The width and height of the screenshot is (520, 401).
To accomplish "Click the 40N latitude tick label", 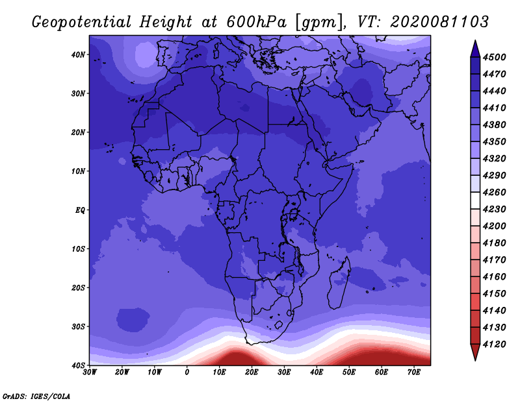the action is click(78, 55).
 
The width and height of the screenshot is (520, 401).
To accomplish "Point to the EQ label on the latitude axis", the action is click(80, 210).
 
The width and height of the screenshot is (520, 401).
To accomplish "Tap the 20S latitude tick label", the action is click(78, 287).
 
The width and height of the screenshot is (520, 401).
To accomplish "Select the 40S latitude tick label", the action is click(78, 365).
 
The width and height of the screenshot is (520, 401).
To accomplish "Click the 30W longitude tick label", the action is click(90, 372).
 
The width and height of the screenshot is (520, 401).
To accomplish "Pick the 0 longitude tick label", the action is click(187, 372).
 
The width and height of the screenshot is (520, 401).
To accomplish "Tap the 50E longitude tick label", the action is click(349, 372).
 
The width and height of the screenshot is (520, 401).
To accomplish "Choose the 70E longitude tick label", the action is click(414, 372).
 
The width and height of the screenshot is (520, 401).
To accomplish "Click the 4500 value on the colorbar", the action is click(494, 57).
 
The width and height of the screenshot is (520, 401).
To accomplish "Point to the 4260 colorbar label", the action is click(494, 192).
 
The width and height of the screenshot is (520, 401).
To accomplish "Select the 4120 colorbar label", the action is click(494, 345).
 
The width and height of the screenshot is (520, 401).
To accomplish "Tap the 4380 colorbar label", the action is click(494, 125).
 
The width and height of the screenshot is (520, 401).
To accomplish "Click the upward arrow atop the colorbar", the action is click(475, 50).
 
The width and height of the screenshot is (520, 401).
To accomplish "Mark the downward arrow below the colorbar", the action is click(475, 352).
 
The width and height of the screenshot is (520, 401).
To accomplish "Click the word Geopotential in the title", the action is click(82, 23).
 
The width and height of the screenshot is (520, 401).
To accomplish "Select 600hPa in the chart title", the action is click(256, 23).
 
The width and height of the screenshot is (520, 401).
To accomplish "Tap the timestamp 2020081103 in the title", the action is click(439, 22).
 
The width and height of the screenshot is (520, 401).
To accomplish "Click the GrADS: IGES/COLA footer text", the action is click(36, 396).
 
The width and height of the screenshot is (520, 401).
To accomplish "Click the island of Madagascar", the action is click(339, 283).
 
